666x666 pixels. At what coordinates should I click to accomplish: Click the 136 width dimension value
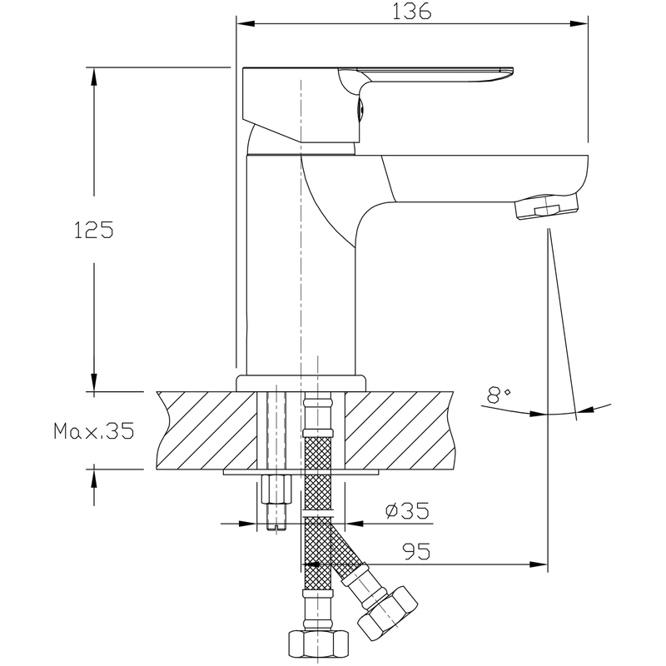pos(411,12)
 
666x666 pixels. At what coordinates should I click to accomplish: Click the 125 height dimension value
pos(94,230)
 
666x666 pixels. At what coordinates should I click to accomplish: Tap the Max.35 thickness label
pos(94,430)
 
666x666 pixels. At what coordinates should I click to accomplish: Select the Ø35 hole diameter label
pos(407,510)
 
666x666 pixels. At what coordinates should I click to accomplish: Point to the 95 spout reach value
pos(416,551)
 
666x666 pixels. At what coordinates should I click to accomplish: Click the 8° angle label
pos(499,395)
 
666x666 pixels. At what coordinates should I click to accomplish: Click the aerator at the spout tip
pos(546,206)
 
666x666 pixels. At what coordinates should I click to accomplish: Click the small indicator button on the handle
pos(360,111)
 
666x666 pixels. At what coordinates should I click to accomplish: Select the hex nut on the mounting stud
pos(276,490)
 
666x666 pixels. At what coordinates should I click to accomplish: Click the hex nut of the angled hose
pos(388,610)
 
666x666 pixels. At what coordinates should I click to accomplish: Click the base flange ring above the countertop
pos(301,383)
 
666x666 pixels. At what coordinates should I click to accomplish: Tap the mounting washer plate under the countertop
pos(301,472)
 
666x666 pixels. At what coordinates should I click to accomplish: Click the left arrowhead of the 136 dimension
pos(246,23)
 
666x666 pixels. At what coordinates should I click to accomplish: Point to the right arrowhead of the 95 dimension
pos(539,564)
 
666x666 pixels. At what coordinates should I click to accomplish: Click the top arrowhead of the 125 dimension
pos(94,77)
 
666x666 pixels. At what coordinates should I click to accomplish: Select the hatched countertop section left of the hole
pos(206,430)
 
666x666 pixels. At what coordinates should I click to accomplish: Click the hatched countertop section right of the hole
pos(400,430)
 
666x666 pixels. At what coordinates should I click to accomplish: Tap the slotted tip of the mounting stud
pos(276,526)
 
